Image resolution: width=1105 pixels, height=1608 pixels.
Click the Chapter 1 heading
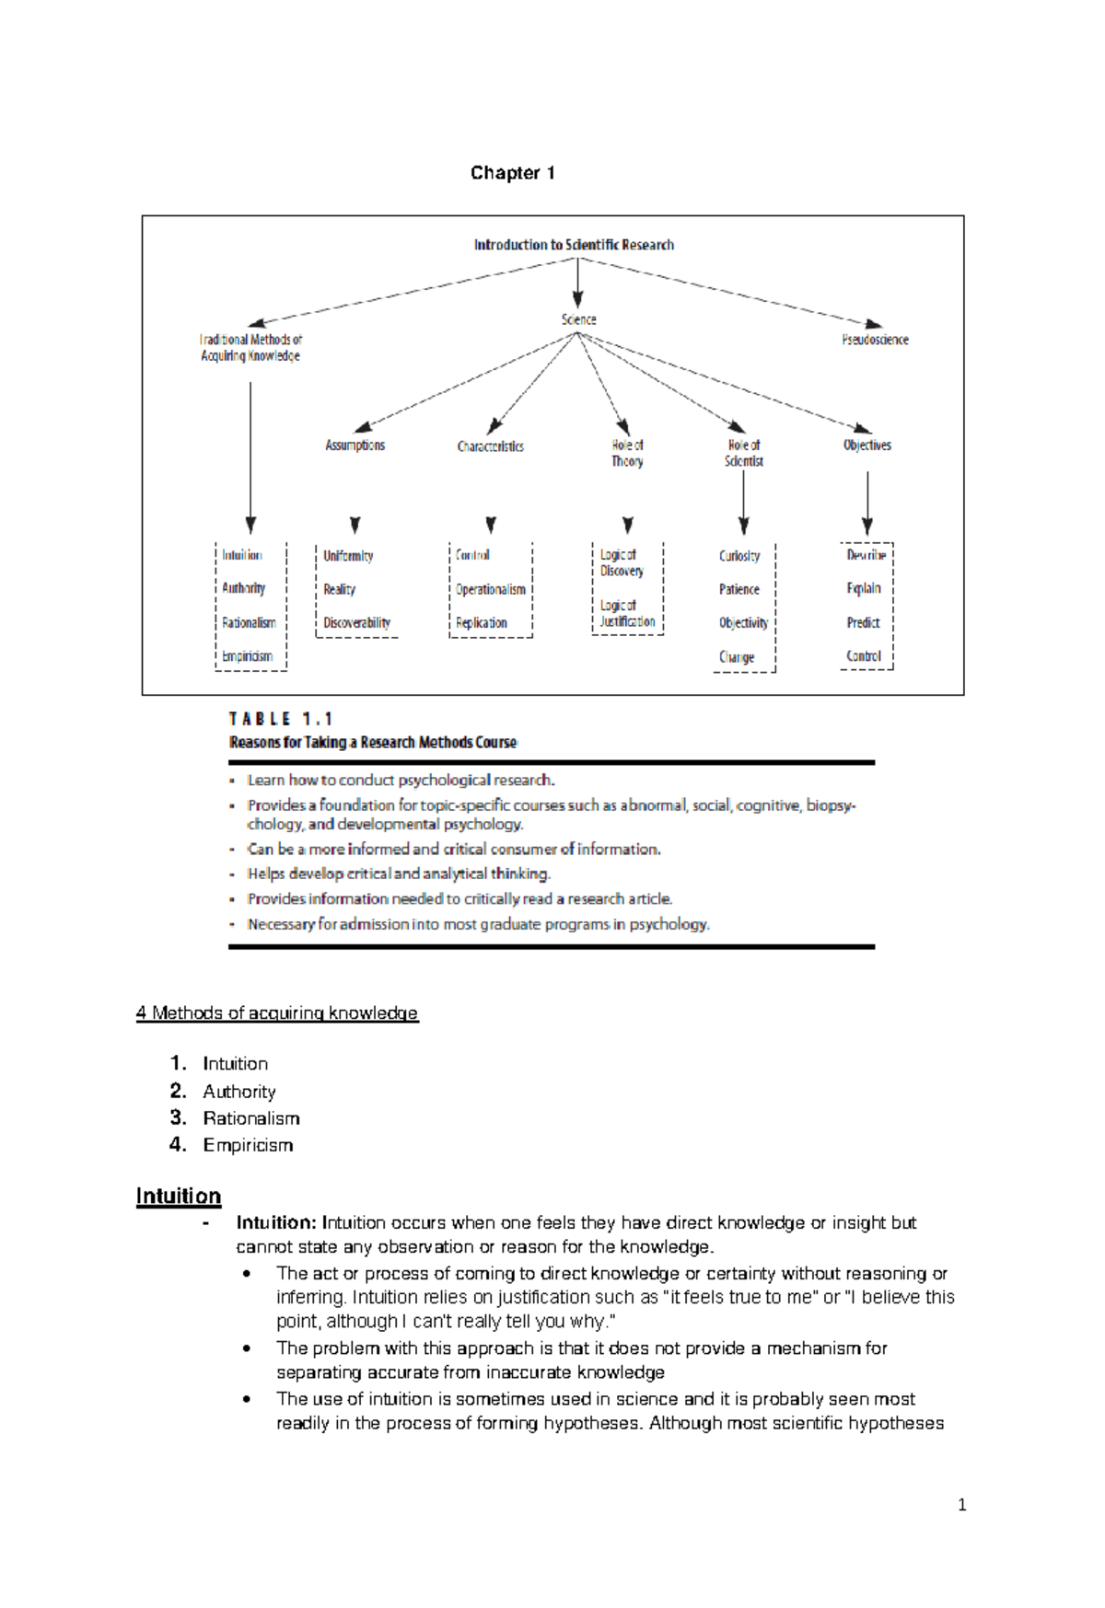(512, 173)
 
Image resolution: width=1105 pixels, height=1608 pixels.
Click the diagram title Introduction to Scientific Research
(574, 245)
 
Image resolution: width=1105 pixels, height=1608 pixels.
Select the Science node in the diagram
(578, 319)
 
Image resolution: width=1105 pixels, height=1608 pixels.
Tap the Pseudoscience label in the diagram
(874, 340)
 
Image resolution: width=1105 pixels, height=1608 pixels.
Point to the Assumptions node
(355, 445)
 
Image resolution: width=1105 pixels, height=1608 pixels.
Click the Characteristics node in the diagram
(490, 446)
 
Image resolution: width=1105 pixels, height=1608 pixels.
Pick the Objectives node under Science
(867, 445)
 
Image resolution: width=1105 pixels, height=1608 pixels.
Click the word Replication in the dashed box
(481, 623)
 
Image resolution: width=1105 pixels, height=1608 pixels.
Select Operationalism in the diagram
(490, 589)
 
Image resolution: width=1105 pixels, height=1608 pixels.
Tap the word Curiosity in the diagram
(739, 556)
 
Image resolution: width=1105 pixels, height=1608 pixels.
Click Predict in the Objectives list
(863, 623)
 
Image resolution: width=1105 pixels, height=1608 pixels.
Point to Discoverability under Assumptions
(356, 623)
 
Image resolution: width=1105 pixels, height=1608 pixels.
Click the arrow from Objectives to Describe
(867, 503)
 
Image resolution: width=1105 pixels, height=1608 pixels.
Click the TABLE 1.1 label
(280, 719)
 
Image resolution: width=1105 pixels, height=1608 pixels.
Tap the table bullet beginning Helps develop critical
(398, 873)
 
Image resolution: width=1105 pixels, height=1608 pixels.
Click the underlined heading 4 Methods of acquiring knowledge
(276, 1013)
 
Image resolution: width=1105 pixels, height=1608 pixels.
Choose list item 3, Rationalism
(250, 1118)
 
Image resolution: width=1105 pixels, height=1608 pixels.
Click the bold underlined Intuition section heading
(179, 1197)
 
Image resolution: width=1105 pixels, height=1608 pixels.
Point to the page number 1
(961, 1506)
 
